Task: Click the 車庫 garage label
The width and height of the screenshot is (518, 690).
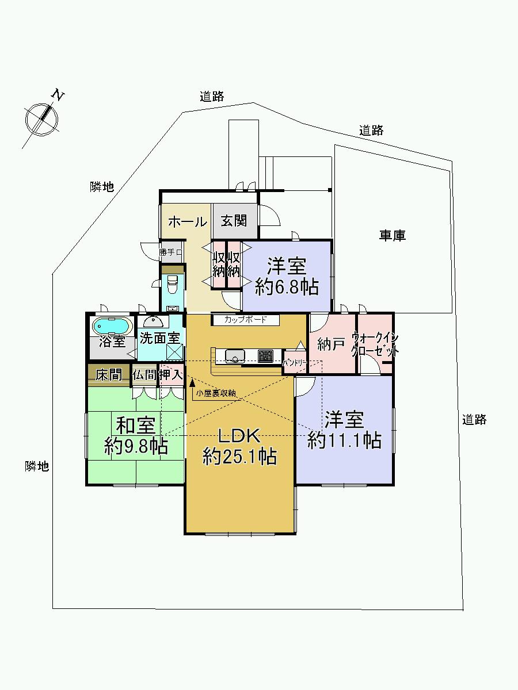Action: click(x=392, y=235)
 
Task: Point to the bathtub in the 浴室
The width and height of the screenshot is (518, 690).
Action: click(x=112, y=326)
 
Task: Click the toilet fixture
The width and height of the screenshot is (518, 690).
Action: click(x=172, y=283)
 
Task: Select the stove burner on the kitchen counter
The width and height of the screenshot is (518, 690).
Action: click(x=265, y=355)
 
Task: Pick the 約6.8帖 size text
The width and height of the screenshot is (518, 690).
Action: click(x=287, y=287)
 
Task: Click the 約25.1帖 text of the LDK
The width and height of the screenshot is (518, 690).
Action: click(x=239, y=457)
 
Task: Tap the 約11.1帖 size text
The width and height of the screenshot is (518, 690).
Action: click(x=344, y=440)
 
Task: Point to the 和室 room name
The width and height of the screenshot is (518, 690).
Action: click(x=136, y=426)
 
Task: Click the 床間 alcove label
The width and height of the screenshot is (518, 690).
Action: click(x=108, y=375)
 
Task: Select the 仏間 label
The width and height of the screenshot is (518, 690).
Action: click(x=143, y=375)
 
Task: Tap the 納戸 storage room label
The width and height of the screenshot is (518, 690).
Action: click(x=330, y=345)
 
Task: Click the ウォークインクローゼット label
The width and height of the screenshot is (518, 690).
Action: click(x=375, y=344)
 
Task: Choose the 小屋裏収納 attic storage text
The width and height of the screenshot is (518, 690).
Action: click(x=216, y=393)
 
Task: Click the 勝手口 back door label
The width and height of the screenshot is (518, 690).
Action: click(x=171, y=252)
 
